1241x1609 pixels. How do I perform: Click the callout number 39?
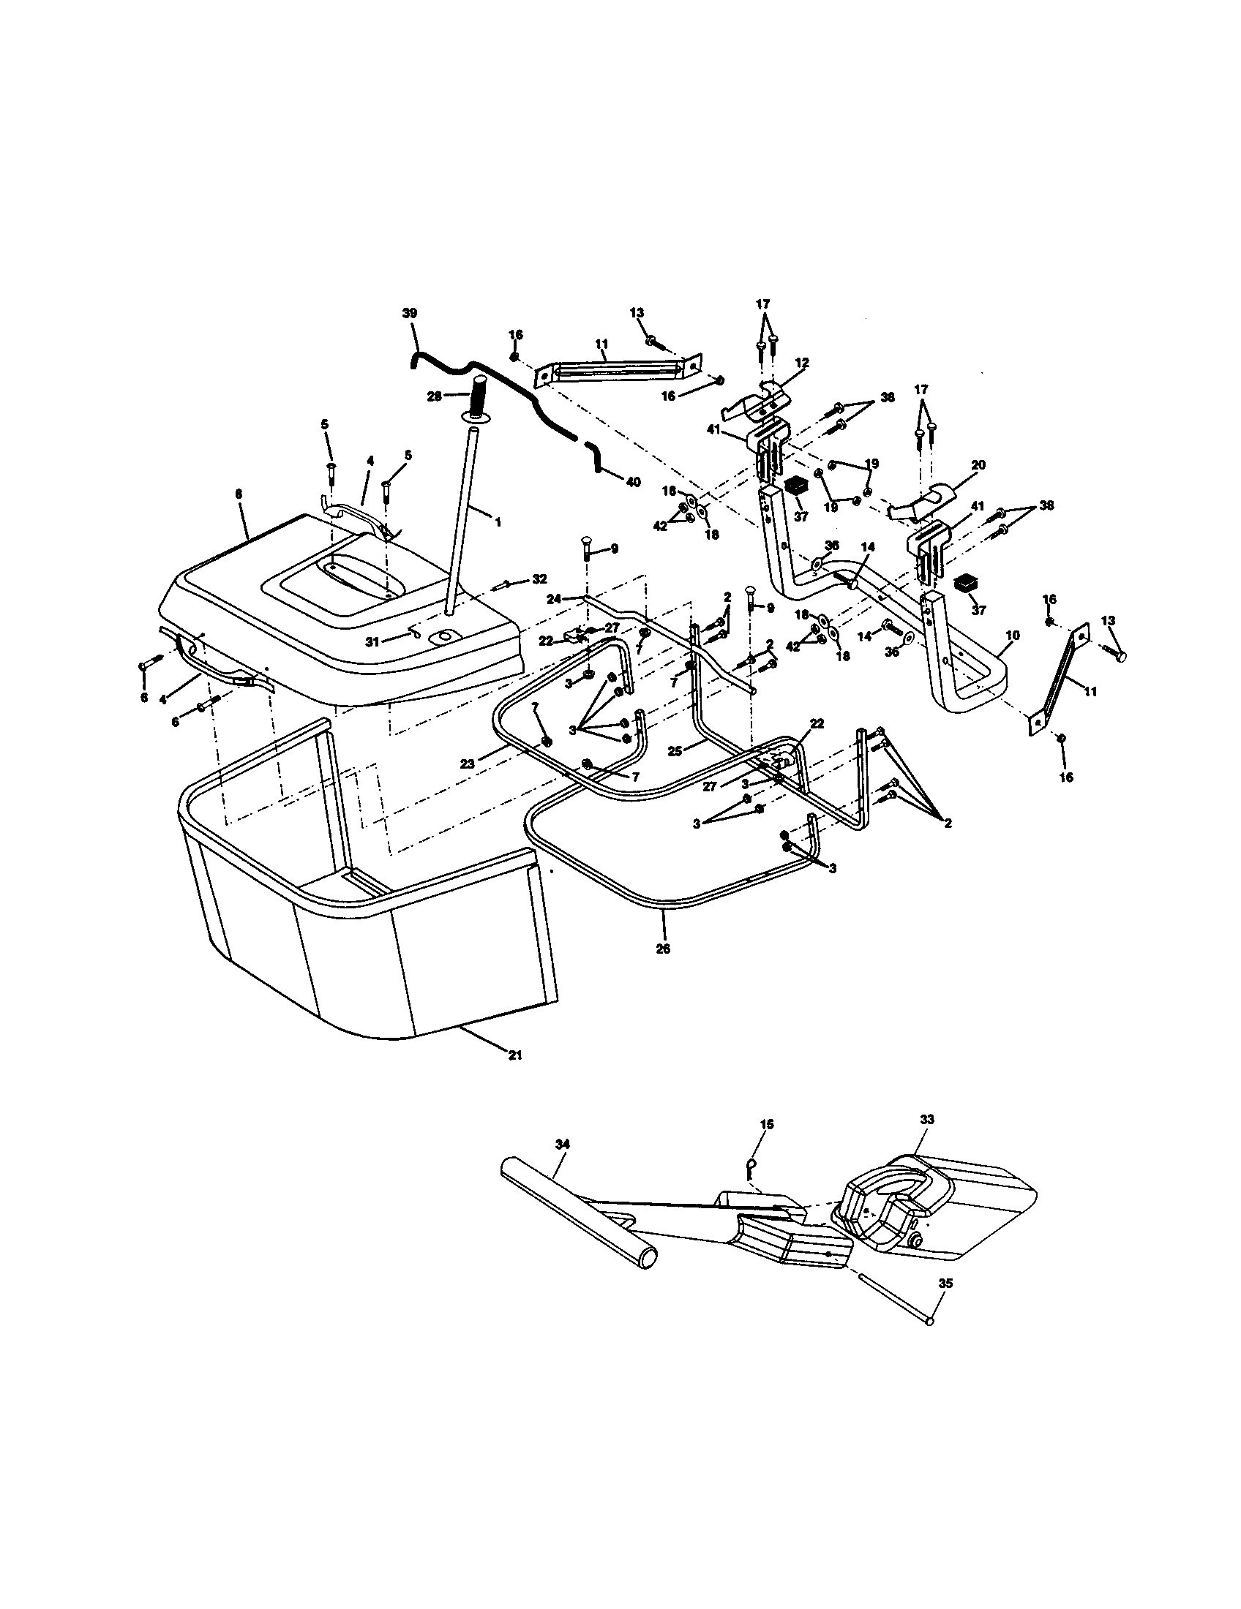(x=409, y=313)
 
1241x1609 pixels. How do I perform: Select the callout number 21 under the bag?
(x=515, y=1055)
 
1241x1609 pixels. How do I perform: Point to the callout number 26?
(x=662, y=949)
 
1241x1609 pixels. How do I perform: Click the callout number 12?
(x=802, y=363)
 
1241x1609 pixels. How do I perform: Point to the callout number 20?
(x=978, y=465)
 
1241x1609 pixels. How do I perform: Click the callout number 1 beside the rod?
(x=498, y=521)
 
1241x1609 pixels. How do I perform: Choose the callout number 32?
(x=539, y=579)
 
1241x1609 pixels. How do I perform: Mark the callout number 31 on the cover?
(x=372, y=641)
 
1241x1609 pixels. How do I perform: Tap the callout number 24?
(x=554, y=599)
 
